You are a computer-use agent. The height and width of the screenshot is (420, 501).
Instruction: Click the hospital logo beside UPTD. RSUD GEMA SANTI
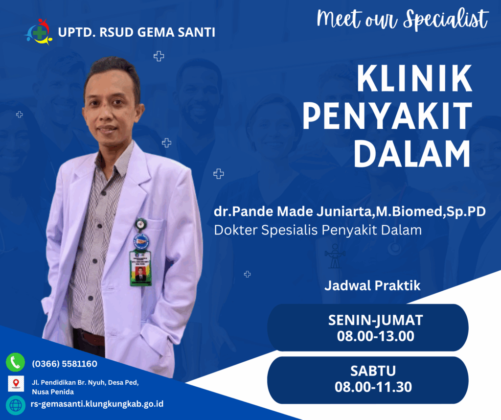(x=39, y=32)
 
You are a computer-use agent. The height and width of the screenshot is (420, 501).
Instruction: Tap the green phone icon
(x=15, y=362)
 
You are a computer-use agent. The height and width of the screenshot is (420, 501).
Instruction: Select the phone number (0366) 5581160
(x=65, y=364)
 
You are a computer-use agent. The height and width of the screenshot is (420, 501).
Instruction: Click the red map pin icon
(x=16, y=383)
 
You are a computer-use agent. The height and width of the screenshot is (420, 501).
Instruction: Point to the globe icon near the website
(x=16, y=405)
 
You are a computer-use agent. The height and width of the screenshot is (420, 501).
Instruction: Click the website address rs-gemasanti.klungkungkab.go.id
(x=97, y=404)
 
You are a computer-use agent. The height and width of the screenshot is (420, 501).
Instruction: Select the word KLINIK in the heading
(x=414, y=78)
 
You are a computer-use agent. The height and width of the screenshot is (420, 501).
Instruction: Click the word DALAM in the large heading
(x=412, y=154)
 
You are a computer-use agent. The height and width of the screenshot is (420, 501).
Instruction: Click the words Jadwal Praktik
(x=372, y=285)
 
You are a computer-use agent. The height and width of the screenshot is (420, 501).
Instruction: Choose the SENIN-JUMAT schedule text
(x=376, y=320)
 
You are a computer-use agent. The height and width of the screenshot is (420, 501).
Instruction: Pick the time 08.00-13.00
(x=376, y=336)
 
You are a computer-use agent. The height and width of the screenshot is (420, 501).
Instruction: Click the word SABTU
(x=373, y=371)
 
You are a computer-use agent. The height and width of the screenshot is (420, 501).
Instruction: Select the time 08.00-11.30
(x=373, y=387)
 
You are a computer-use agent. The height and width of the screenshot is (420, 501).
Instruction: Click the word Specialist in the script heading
(x=446, y=19)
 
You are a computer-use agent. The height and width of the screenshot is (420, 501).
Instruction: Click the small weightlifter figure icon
(x=335, y=256)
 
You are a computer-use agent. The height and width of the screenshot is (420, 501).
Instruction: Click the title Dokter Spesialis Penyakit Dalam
(x=318, y=230)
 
